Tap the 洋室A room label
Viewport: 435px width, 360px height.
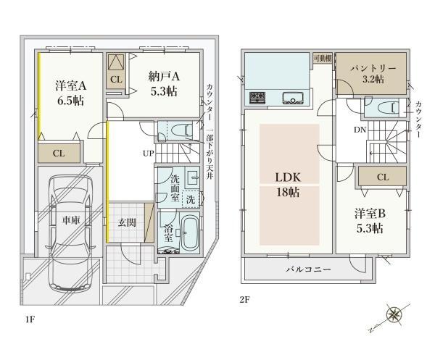[71, 85]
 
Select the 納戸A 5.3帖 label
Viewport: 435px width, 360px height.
[164, 84]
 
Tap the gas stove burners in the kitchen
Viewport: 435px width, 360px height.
[258, 98]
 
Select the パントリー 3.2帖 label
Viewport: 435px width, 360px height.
[373, 74]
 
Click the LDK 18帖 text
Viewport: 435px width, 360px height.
[288, 184]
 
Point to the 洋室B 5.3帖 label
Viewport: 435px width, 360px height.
[370, 221]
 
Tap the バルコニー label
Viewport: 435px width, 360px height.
[309, 269]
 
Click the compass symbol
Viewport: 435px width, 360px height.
[394, 314]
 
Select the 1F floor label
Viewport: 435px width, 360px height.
[30, 319]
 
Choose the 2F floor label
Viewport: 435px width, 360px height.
[244, 300]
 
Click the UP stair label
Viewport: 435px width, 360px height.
[148, 153]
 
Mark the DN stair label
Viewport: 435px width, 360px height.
[360, 130]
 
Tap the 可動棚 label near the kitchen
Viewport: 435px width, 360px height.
[323, 58]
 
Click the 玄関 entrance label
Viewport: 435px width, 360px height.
[127, 222]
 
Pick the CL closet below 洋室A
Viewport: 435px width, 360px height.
[59, 154]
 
